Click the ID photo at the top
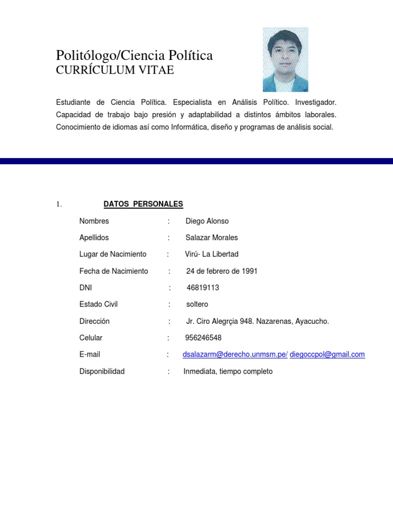pos(285,59)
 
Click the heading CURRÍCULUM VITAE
pos(115,71)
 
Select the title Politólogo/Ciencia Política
pos(134,55)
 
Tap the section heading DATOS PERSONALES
pos(143,204)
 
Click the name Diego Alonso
pos(207,221)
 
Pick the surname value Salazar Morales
pos(212,237)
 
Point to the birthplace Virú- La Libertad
pos(211,254)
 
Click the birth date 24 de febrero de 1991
pos(222,271)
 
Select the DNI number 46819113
pos(203,288)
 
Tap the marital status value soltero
pos(197,304)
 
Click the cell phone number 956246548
pos(203,338)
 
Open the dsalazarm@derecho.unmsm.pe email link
pos(235,355)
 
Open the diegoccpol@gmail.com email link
pos(327,355)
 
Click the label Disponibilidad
pos(102,372)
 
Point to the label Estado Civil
pos(98,304)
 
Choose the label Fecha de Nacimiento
pos(114,271)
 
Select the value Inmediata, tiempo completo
pos(228,372)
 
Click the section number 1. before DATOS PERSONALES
pos(59,205)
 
